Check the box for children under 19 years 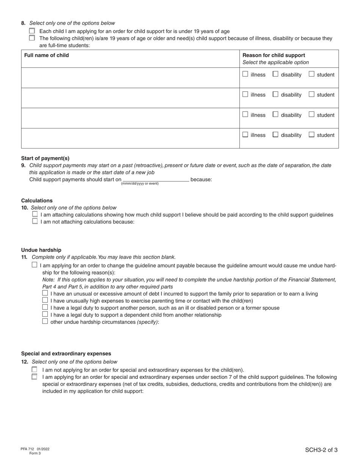[x=32, y=31]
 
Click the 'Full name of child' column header [x=47, y=55]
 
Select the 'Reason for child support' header [x=274, y=55]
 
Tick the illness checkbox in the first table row [x=245, y=74]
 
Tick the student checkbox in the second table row [x=311, y=94]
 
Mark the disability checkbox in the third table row [x=275, y=114]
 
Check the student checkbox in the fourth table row [x=311, y=134]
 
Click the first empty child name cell [x=130, y=78]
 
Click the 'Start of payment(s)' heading [x=45, y=158]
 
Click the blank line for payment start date [x=156, y=180]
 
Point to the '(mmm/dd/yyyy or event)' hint [x=140, y=184]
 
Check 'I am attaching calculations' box [x=35, y=214]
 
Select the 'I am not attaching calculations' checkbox [x=35, y=222]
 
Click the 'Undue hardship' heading [x=41, y=250]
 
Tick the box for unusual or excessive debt [x=45, y=293]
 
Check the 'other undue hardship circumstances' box [x=45, y=322]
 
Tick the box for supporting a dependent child [x=45, y=314]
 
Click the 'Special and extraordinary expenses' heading [x=66, y=353]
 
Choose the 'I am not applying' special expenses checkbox [x=34, y=370]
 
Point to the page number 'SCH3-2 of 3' [x=321, y=450]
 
